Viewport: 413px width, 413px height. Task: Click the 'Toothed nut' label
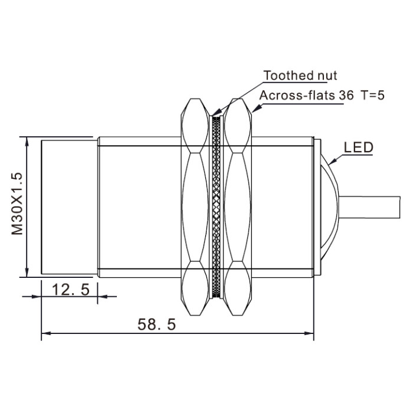coord(300,76)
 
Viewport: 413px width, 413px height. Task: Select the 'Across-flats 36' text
coord(306,95)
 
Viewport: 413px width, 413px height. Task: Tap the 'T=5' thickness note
coord(373,95)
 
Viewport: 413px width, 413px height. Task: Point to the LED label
coord(359,147)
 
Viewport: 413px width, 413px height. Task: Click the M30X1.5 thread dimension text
coord(17,204)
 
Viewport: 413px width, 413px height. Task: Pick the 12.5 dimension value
coord(71,290)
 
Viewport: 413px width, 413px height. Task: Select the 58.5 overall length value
coord(156,324)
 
